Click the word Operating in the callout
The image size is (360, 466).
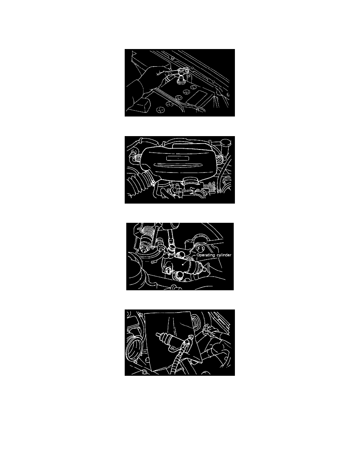coord(205,255)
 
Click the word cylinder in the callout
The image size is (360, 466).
coord(224,255)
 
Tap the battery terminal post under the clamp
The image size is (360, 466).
coord(181,79)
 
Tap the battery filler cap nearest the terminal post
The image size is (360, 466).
coord(187,91)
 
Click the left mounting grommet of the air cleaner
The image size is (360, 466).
coord(138,156)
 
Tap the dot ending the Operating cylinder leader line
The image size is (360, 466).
coord(183,264)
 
